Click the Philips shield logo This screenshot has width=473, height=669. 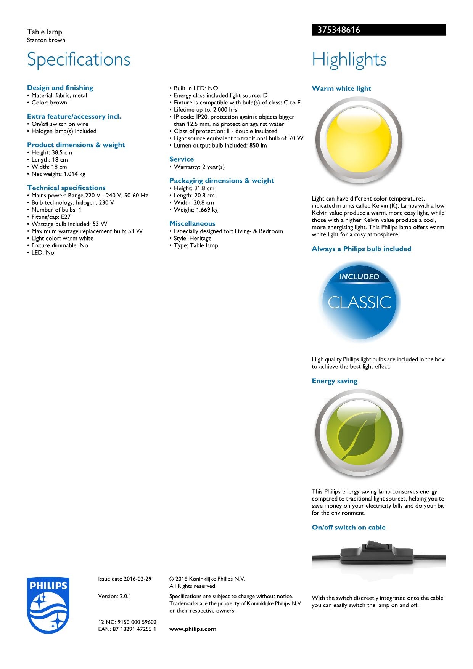point(48,605)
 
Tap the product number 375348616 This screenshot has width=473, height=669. point(336,30)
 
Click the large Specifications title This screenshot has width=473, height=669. point(79,59)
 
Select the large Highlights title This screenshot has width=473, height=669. point(349,59)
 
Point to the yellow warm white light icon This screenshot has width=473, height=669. point(359,141)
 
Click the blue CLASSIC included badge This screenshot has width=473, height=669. point(359,302)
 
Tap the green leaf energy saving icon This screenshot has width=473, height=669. point(359,433)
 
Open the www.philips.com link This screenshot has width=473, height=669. point(193,629)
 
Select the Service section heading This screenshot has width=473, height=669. point(182,159)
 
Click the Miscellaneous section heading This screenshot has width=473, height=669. point(192,224)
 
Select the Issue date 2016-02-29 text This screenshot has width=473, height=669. point(125,579)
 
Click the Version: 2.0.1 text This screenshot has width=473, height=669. point(114,596)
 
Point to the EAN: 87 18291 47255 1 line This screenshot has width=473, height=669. point(127,629)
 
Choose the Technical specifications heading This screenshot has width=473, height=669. point(66,188)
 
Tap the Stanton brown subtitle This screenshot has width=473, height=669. point(46,40)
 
